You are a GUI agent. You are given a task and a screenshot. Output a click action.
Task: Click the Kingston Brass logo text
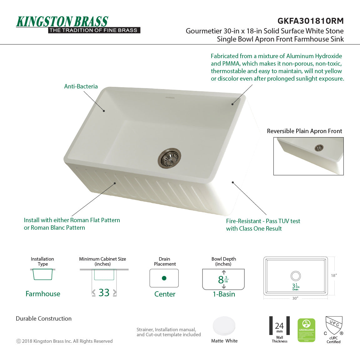[x=62, y=22]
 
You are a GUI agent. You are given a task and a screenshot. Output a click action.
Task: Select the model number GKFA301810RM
[x=310, y=21]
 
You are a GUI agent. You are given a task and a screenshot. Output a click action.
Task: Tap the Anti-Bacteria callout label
[x=81, y=87]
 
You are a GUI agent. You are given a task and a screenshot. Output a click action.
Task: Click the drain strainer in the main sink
[x=169, y=158]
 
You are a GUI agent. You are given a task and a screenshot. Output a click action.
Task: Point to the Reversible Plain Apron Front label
[x=304, y=131]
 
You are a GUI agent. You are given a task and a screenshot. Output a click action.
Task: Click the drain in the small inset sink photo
[x=319, y=148]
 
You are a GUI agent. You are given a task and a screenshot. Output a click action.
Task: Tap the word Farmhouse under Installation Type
[x=43, y=294]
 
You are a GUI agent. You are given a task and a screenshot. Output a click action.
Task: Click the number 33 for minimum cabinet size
[x=104, y=292]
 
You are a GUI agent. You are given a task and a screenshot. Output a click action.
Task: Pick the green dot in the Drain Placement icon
[x=164, y=278]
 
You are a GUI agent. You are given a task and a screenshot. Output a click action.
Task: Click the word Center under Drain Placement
[x=165, y=294]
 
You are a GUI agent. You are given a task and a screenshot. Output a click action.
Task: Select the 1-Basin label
[x=224, y=294]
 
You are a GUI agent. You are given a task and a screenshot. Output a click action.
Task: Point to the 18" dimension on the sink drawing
[x=334, y=275]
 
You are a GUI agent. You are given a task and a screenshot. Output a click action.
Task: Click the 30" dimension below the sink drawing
[x=295, y=298]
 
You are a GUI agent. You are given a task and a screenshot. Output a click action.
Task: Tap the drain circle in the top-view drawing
[x=296, y=276]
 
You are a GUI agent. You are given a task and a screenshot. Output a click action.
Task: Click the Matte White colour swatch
[x=224, y=326]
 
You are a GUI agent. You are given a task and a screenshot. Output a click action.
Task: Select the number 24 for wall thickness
[x=279, y=326]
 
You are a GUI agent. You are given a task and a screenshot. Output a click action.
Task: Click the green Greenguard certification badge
[x=306, y=330]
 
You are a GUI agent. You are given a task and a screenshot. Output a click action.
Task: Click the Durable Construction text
[x=44, y=319]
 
